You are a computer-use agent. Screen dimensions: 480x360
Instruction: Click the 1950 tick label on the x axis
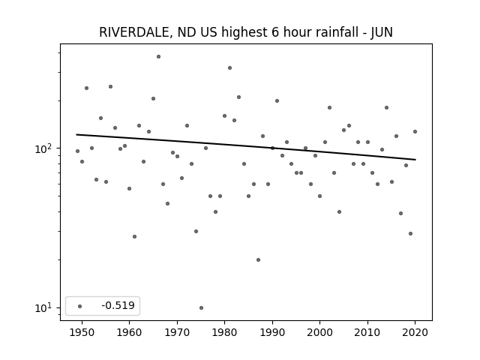coord(82,332)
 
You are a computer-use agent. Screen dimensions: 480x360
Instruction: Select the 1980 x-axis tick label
coord(224,332)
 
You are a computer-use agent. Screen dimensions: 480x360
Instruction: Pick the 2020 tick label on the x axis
coord(415,332)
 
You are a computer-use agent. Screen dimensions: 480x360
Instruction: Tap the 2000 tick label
coord(319,332)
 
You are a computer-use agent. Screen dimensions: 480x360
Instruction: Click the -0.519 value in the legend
coord(118,305)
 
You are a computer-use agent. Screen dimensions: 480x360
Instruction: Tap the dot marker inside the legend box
coord(80,306)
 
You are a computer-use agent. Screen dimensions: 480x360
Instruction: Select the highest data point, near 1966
coord(158,57)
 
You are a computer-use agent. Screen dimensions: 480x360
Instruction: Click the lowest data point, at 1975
coord(201,307)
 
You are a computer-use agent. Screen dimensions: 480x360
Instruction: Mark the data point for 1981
coord(230,68)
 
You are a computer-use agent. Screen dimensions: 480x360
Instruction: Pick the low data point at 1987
coord(258,260)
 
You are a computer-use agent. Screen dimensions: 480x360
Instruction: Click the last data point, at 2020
coord(415,132)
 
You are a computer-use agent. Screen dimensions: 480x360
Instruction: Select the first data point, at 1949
coord(77,151)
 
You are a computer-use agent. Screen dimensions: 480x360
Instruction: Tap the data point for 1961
coord(135,237)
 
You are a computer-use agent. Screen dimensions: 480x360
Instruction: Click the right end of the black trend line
coord(415,160)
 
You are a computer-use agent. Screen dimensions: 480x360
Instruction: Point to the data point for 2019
coord(410,233)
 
